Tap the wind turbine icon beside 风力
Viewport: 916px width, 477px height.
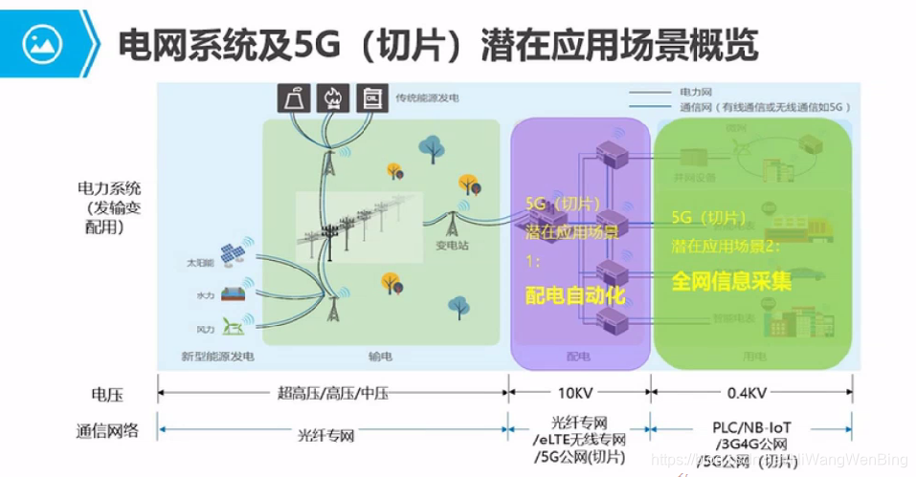[232, 326]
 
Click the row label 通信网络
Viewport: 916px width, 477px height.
[107, 431]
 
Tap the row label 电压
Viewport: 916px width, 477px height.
[107, 394]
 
